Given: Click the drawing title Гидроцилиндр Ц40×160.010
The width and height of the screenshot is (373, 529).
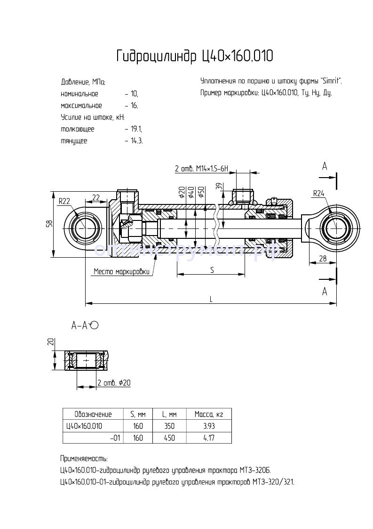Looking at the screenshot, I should tap(194, 57).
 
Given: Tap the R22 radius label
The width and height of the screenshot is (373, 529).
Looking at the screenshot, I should tap(64, 201).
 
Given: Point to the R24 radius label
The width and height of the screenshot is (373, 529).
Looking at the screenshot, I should tap(318, 193).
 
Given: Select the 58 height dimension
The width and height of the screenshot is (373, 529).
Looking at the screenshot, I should tap(49, 225).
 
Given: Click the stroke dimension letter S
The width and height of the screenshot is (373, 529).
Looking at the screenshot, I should tap(212, 270).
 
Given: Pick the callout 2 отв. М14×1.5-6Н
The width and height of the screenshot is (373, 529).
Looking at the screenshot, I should tap(201, 169).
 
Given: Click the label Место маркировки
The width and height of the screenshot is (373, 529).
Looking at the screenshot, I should tap(121, 271).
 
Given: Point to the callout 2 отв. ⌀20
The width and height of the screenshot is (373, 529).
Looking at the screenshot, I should tap(113, 383).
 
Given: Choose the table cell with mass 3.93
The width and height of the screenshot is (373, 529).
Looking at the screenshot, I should tap(208, 426).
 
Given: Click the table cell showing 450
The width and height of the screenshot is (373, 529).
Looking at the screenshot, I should tap(169, 438).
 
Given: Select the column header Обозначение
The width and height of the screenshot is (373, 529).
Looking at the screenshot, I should tap(93, 415).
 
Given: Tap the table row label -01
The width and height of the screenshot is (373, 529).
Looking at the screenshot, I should tap(115, 438).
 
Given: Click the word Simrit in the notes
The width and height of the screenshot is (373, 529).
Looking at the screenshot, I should tap(331, 81).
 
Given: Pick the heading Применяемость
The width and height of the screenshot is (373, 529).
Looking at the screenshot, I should tap(84, 458).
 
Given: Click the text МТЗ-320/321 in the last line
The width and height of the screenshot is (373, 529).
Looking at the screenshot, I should tap(273, 482).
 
